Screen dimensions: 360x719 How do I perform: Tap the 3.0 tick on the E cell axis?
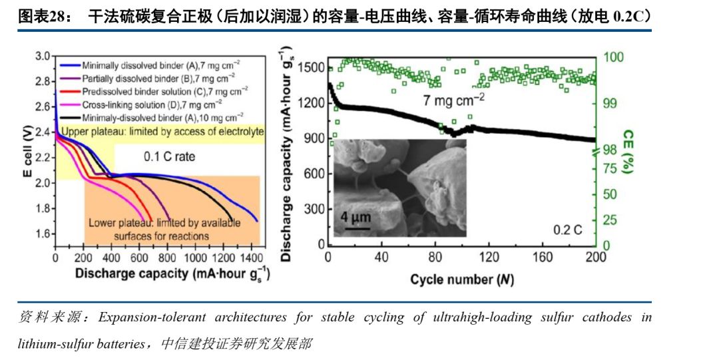coord(43,56)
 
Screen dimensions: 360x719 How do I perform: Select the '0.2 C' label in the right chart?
coord(568,230)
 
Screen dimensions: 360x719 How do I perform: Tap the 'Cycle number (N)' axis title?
coord(462,279)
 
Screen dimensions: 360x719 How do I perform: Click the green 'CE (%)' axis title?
coord(628,153)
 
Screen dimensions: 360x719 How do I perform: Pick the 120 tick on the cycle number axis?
coord(489,258)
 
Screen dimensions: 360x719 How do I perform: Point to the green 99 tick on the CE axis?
coord(613,104)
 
